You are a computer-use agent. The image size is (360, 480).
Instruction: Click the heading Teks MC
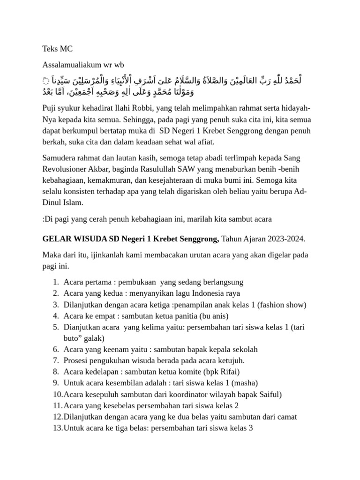coord(57,48)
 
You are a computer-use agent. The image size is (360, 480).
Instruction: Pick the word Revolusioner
coord(66,168)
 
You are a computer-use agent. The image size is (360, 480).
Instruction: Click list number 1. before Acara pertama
coord(55,282)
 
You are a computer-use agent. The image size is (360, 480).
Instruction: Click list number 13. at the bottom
coord(57,427)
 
